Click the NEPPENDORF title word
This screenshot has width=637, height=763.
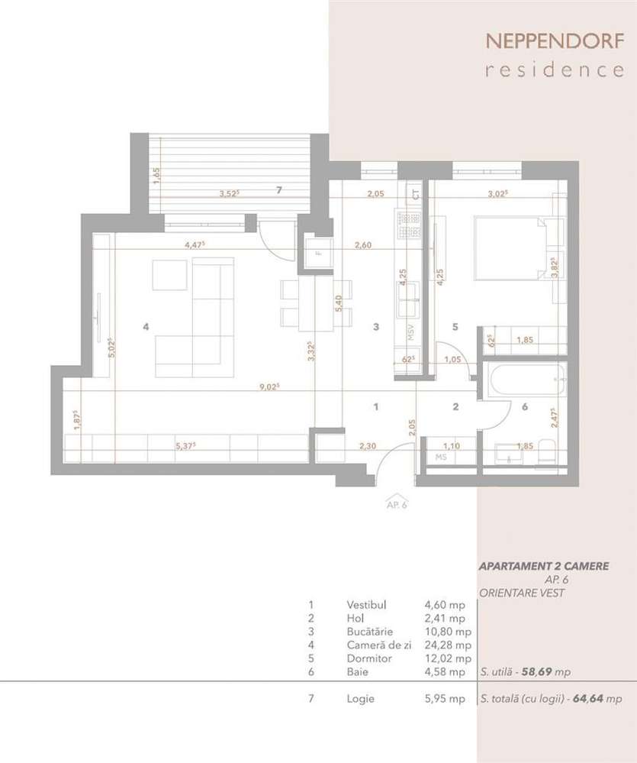554,40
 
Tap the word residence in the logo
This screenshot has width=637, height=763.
554,70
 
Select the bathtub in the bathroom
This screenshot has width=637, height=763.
523,381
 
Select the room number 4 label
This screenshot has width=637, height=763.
146,326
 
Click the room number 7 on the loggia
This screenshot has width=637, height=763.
279,189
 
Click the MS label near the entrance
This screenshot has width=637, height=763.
440,457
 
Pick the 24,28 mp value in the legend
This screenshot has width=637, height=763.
448,645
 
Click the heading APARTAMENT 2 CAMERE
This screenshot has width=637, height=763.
543,567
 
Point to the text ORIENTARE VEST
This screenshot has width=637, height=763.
523,593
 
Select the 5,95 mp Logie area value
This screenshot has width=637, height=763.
444,699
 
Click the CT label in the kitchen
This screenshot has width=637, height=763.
416,194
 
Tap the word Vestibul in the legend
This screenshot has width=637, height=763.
366,604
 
